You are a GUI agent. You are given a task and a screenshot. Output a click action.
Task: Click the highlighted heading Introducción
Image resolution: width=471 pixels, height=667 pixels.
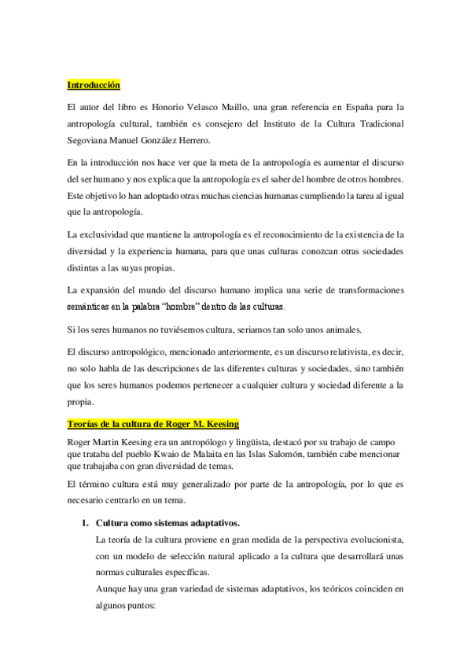click(94, 85)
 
